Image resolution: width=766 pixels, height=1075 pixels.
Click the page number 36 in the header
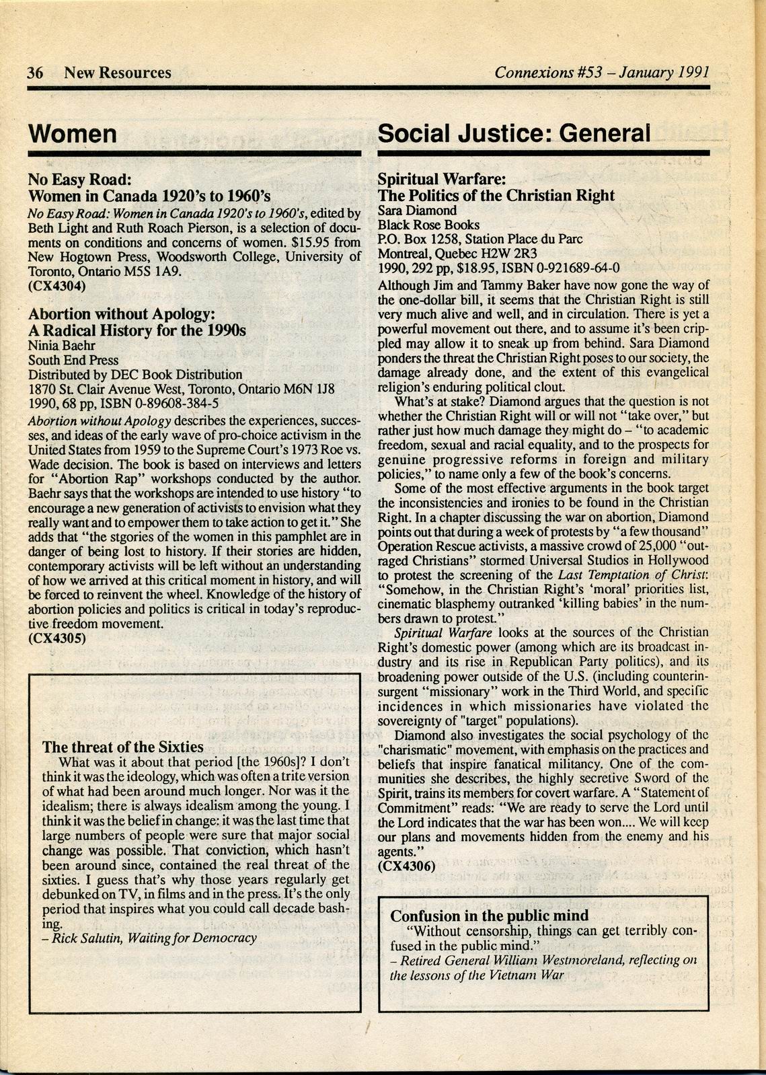[35, 73]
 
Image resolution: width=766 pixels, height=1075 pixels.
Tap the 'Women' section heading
[73, 134]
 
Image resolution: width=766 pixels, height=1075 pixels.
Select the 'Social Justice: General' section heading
[514, 133]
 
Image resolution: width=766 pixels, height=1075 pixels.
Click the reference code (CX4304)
[56, 286]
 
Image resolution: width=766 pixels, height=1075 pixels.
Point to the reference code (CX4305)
[57, 638]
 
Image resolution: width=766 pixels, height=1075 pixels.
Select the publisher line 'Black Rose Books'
[428, 225]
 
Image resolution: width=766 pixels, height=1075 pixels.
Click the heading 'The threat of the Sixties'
[122, 747]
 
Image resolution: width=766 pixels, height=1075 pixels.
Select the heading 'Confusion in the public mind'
[489, 916]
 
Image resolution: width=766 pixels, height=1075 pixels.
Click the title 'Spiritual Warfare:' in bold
[441, 180]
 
